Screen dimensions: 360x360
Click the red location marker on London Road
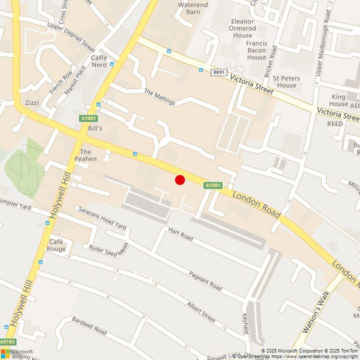coord(180,180)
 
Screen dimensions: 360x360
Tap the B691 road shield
coord(219,72)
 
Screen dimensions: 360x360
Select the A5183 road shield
coord(8,341)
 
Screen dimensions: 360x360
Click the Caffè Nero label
coord(99,61)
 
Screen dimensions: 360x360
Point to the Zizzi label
coord(32,103)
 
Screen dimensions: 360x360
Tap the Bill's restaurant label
coord(95,128)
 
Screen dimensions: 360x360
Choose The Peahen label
coord(85,155)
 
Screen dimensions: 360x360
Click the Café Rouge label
coord(56,245)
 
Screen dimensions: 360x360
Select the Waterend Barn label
coord(193,8)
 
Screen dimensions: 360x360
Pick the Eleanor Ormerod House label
coord(243,28)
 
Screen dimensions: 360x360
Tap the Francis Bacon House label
coord(256,50)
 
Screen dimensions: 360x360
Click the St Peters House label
coord(286,82)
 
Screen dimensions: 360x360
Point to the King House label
coord(339,100)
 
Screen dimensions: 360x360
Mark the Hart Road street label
coord(180,234)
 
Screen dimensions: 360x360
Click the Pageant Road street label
coord(205,281)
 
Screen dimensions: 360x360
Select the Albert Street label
coord(201,312)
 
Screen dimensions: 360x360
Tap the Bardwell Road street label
coord(89,325)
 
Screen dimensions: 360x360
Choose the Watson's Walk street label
coord(316,311)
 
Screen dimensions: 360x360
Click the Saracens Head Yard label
coord(102,218)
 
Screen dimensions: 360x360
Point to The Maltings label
coord(160,97)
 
